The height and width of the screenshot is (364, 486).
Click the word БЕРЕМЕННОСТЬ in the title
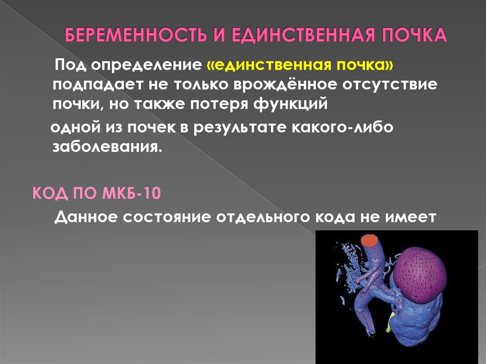click(136, 35)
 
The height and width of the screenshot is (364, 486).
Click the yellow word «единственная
click(269, 65)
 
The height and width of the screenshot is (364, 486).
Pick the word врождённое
click(285, 84)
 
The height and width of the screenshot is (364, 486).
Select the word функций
click(290, 104)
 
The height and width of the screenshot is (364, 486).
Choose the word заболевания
click(107, 147)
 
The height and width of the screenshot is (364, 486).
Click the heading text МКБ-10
click(131, 194)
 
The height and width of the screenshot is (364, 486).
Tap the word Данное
click(86, 217)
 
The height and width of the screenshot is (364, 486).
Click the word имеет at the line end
click(411, 217)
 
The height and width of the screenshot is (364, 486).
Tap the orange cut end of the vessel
click(369, 240)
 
